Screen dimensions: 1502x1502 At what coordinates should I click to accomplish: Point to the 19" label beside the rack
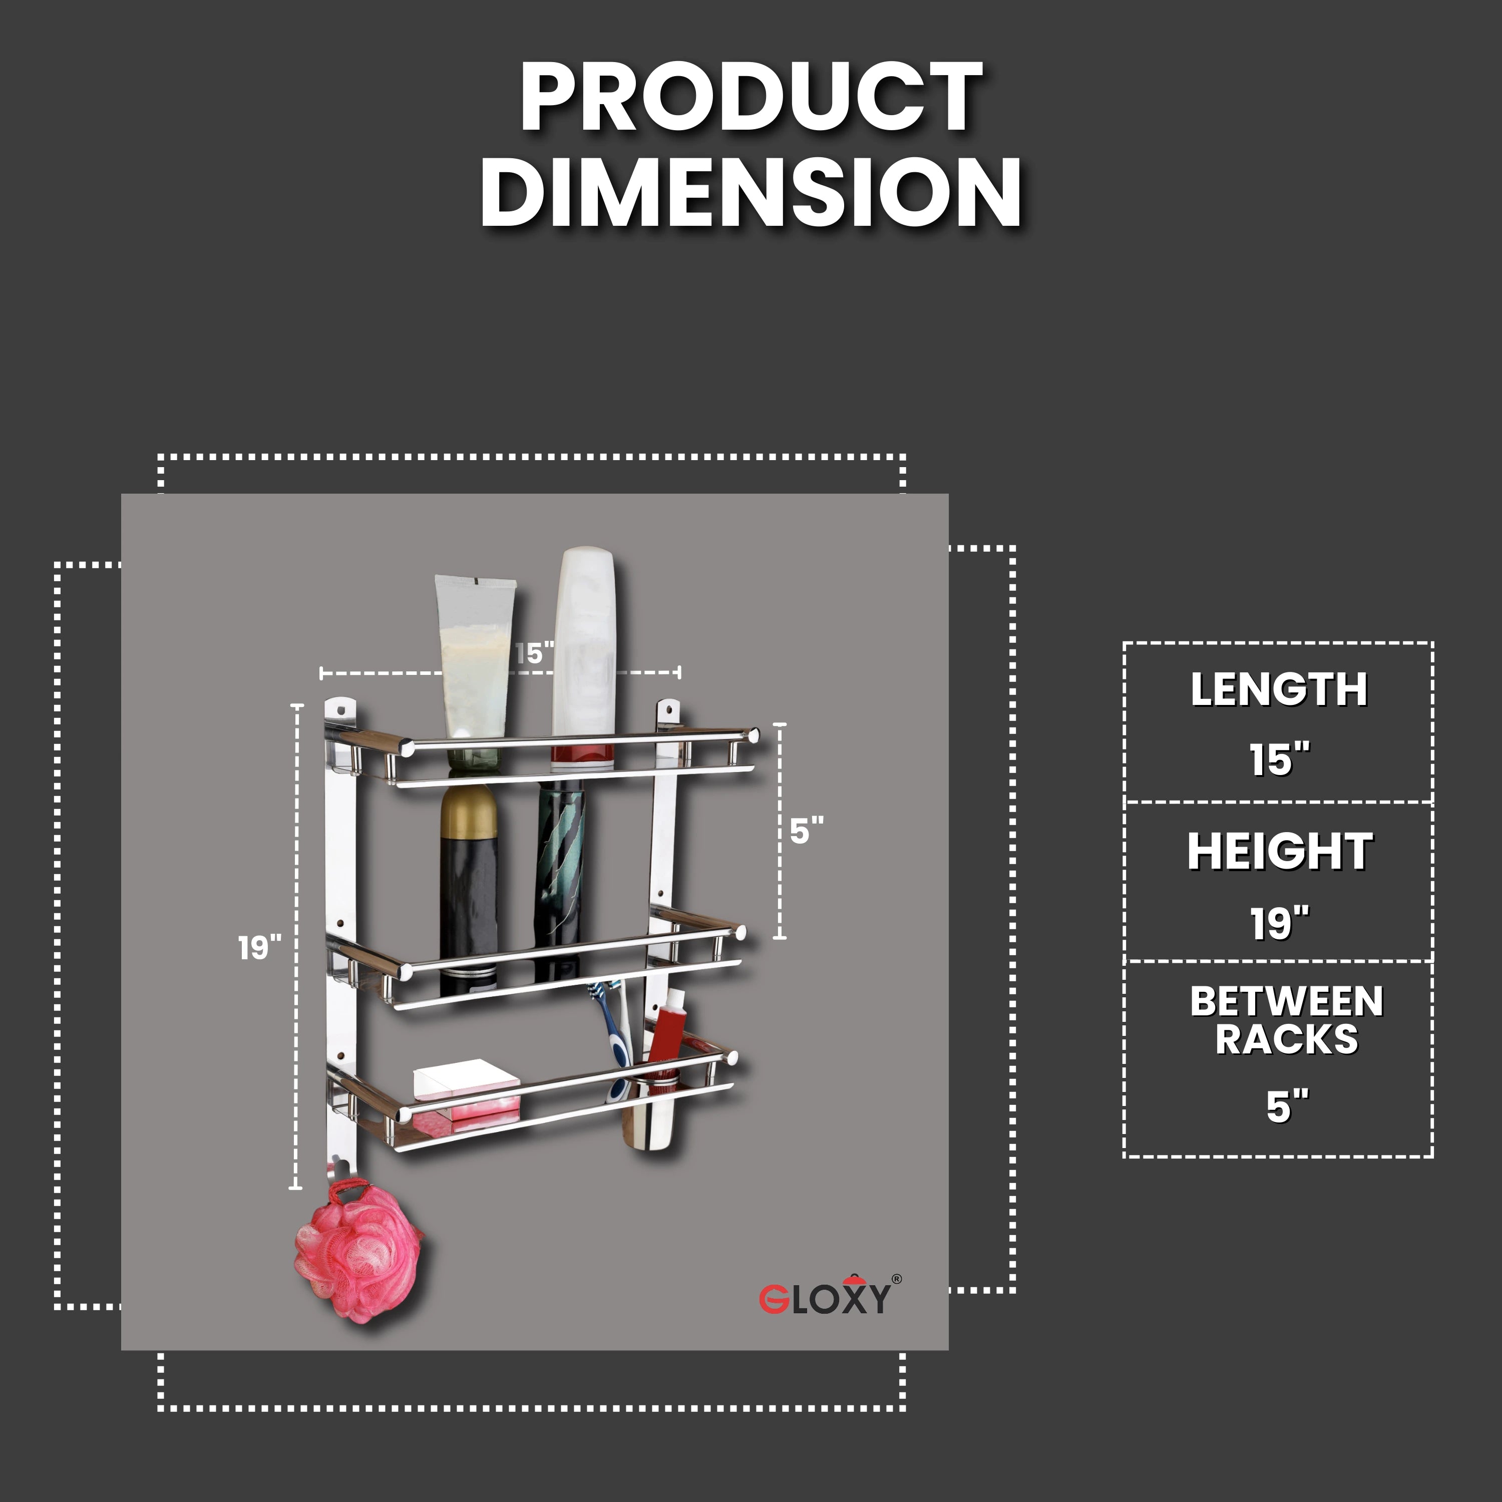[x=259, y=948]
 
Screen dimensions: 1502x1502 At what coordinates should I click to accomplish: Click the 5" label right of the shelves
[x=806, y=831]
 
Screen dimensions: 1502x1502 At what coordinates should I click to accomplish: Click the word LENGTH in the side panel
[x=1278, y=689]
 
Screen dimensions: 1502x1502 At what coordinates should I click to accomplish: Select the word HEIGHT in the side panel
[x=1279, y=852]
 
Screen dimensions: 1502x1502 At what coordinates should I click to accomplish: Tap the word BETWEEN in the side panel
[x=1286, y=1001]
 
